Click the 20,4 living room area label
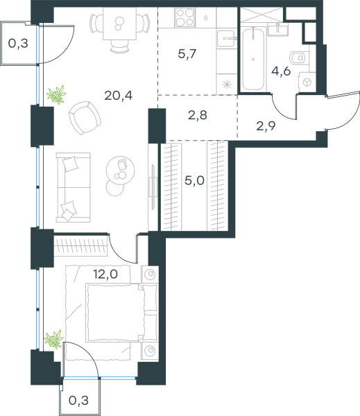click(x=119, y=96)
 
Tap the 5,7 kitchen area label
click(x=187, y=54)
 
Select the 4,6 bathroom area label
click(x=281, y=71)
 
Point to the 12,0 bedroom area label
click(x=105, y=274)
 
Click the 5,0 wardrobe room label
click(x=194, y=181)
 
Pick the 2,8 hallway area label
click(x=198, y=115)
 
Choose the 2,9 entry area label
click(x=266, y=126)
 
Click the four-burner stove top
click(x=185, y=17)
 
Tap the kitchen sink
click(x=226, y=39)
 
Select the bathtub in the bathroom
click(x=253, y=59)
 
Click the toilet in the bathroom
click(x=299, y=58)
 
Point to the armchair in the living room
click(x=85, y=118)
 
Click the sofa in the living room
click(x=74, y=187)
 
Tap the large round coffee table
click(x=120, y=170)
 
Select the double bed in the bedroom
click(x=121, y=313)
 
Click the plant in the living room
click(x=56, y=94)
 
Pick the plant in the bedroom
click(x=53, y=339)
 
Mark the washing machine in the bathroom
click(x=307, y=83)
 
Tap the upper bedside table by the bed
click(x=150, y=275)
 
